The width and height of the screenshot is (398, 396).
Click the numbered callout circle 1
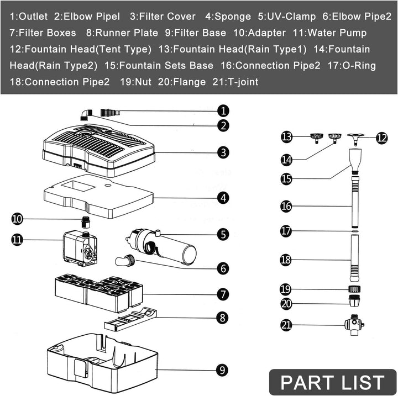coord(223,111)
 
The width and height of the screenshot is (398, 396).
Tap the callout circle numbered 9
coord(222,370)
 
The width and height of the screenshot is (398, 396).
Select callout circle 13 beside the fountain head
coord(286,137)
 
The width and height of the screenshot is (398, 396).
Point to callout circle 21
coord(286,325)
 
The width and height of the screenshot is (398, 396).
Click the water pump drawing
coord(80,249)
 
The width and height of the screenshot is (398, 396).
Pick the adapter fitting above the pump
coord(86,222)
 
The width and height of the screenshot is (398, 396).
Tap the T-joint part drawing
coord(354,325)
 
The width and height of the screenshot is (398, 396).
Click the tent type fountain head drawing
coord(355,140)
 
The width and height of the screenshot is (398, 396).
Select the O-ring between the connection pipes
coord(355,231)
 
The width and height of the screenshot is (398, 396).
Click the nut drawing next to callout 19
coord(354,289)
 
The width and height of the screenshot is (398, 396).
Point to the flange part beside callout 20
coord(354,300)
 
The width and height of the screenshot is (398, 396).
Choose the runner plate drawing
coord(130,319)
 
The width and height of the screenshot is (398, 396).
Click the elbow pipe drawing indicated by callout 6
coord(125,260)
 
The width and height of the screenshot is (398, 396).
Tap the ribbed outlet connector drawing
coord(110,112)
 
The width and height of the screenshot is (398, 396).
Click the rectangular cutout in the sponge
coord(78,187)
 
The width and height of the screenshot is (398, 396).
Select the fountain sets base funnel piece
coord(355,161)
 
